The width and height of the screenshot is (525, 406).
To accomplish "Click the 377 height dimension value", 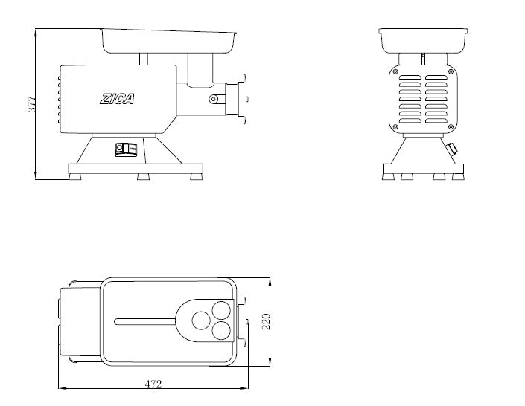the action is (31, 104).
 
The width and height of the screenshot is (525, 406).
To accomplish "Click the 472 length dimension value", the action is (153, 384).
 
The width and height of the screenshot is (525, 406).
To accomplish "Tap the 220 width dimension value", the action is (266, 321).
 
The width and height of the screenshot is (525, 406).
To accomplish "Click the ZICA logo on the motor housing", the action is (117, 99).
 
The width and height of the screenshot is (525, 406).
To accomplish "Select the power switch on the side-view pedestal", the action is (126, 149).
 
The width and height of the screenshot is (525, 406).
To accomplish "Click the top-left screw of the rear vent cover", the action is (395, 71).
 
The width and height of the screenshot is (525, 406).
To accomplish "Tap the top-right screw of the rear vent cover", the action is (451, 71).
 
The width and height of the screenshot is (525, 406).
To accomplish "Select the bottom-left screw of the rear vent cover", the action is (395, 126).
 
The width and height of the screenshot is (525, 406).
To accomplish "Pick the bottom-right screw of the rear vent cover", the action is (451, 126).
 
